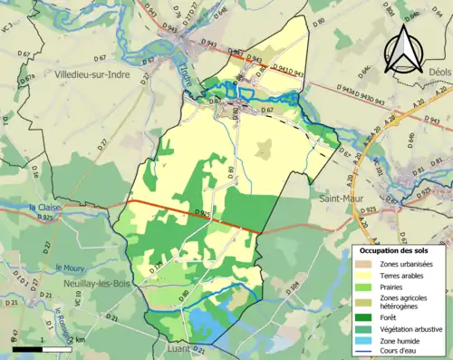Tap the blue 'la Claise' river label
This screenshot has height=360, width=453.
tap(45, 208)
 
